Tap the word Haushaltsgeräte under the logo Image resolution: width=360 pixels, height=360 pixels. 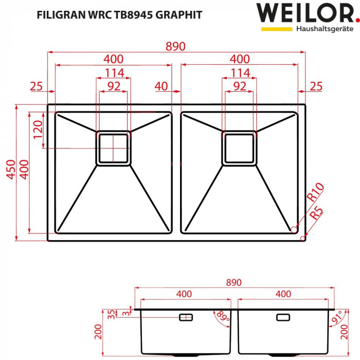pos(324,29)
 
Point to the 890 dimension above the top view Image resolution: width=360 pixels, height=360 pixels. pos(175,46)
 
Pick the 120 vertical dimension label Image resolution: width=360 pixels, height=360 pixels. pos(37,132)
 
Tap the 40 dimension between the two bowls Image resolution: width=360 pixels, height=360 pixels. pos(161,86)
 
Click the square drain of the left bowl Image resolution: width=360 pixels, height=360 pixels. pos(113,148)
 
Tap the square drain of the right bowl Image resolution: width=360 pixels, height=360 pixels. pos(239,148)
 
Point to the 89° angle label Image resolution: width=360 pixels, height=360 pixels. pos(222,315)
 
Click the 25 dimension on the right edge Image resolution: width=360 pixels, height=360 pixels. pos(316,86)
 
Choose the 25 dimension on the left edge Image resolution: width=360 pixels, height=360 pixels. pos(36,86)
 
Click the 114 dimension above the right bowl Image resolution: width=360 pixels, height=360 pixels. pos(240,73)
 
